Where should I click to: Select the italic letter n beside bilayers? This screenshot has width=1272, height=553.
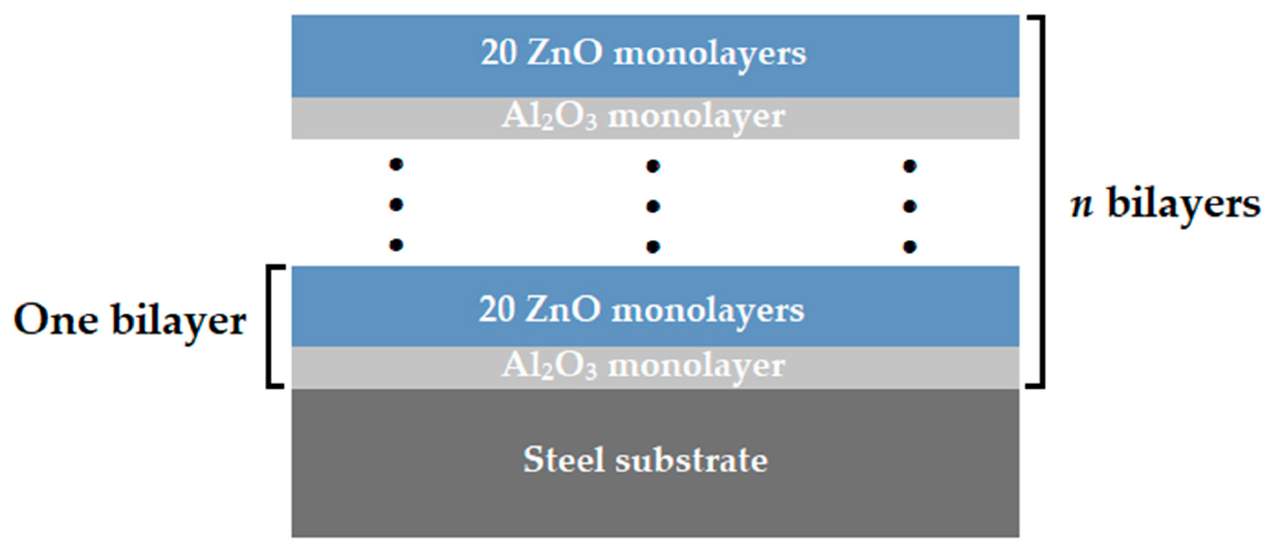pyautogui.click(x=1081, y=204)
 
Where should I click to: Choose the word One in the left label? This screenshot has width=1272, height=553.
pyautogui.click(x=55, y=320)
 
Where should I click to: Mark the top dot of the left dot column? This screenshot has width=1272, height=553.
pyautogui.click(x=396, y=164)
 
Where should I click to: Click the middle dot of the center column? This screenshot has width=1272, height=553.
pyautogui.click(x=653, y=206)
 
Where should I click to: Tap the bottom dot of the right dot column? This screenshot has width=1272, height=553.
pyautogui.click(x=910, y=247)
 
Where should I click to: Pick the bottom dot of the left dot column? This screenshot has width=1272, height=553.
pyautogui.click(x=396, y=245)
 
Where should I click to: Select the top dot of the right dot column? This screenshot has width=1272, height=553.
pyautogui.click(x=910, y=166)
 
